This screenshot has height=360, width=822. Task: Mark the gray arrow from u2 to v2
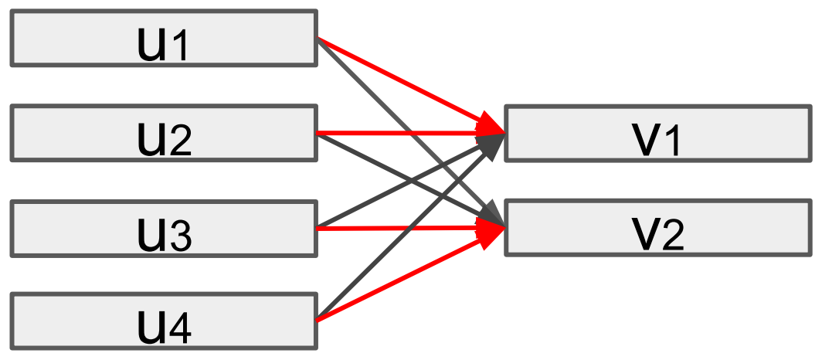pyautogui.click(x=363, y=155)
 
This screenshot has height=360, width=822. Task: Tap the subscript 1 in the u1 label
pyautogui.click(x=178, y=48)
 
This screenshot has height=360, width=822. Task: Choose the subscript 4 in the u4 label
pyautogui.click(x=180, y=331)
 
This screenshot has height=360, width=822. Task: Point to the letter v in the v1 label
pyautogui.click(x=646, y=141)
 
